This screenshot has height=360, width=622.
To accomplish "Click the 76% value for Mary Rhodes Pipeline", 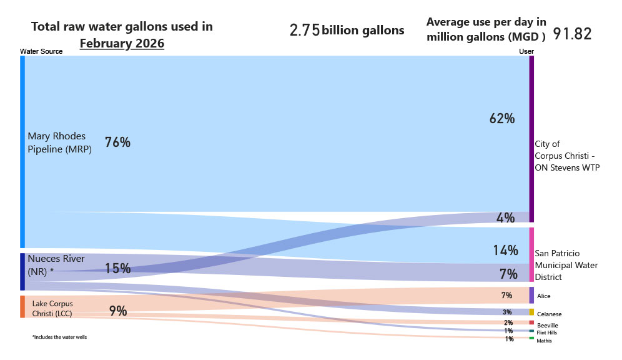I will [117, 142].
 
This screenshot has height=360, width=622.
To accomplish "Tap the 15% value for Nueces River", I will [117, 269].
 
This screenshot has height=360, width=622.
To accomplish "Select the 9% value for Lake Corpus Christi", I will [118, 311].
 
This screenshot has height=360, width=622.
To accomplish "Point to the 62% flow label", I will [502, 118].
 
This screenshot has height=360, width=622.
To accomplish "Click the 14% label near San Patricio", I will [505, 251].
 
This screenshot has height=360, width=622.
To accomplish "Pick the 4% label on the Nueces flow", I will [505, 217].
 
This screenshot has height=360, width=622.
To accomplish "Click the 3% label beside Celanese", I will [507, 312].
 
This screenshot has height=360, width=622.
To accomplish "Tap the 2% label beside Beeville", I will [508, 322].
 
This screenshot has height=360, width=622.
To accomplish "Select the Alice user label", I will [543, 296].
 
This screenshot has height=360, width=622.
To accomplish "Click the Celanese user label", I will [549, 313].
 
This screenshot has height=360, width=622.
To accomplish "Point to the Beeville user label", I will [547, 326].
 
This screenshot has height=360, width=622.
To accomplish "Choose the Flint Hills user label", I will [548, 332].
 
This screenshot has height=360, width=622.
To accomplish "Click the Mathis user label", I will [544, 341].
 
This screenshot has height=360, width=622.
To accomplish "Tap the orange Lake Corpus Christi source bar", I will [22, 307].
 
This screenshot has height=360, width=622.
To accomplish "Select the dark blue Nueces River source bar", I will [22, 271].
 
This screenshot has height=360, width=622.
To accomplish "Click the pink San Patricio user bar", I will [531, 254].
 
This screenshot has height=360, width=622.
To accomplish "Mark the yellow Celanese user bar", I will [531, 312].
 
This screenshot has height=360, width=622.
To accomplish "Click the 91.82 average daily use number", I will [572, 34].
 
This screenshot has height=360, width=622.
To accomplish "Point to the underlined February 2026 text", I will [122, 44].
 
